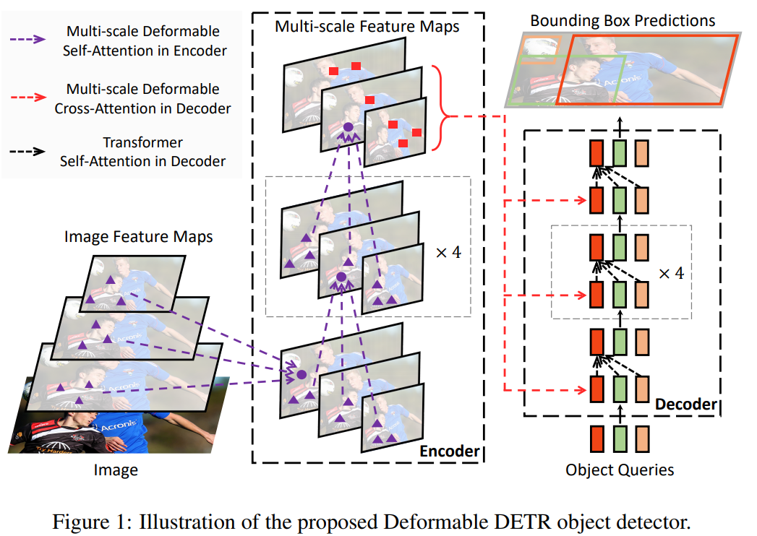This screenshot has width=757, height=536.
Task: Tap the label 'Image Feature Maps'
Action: (139, 236)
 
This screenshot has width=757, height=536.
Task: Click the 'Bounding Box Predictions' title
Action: (623, 20)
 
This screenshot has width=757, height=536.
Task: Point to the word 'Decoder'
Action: (685, 404)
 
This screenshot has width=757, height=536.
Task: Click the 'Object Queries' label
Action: (620, 470)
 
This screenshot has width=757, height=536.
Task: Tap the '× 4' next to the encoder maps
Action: (448, 252)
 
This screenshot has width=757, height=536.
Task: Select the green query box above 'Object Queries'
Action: (620, 438)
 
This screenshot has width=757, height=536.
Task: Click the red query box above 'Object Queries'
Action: (596, 438)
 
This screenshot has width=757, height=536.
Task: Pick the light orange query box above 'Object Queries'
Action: (643, 438)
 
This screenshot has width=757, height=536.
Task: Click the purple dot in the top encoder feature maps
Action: (347, 127)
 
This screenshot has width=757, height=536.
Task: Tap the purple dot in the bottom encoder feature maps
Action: (301, 375)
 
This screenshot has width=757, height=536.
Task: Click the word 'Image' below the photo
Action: (116, 471)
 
